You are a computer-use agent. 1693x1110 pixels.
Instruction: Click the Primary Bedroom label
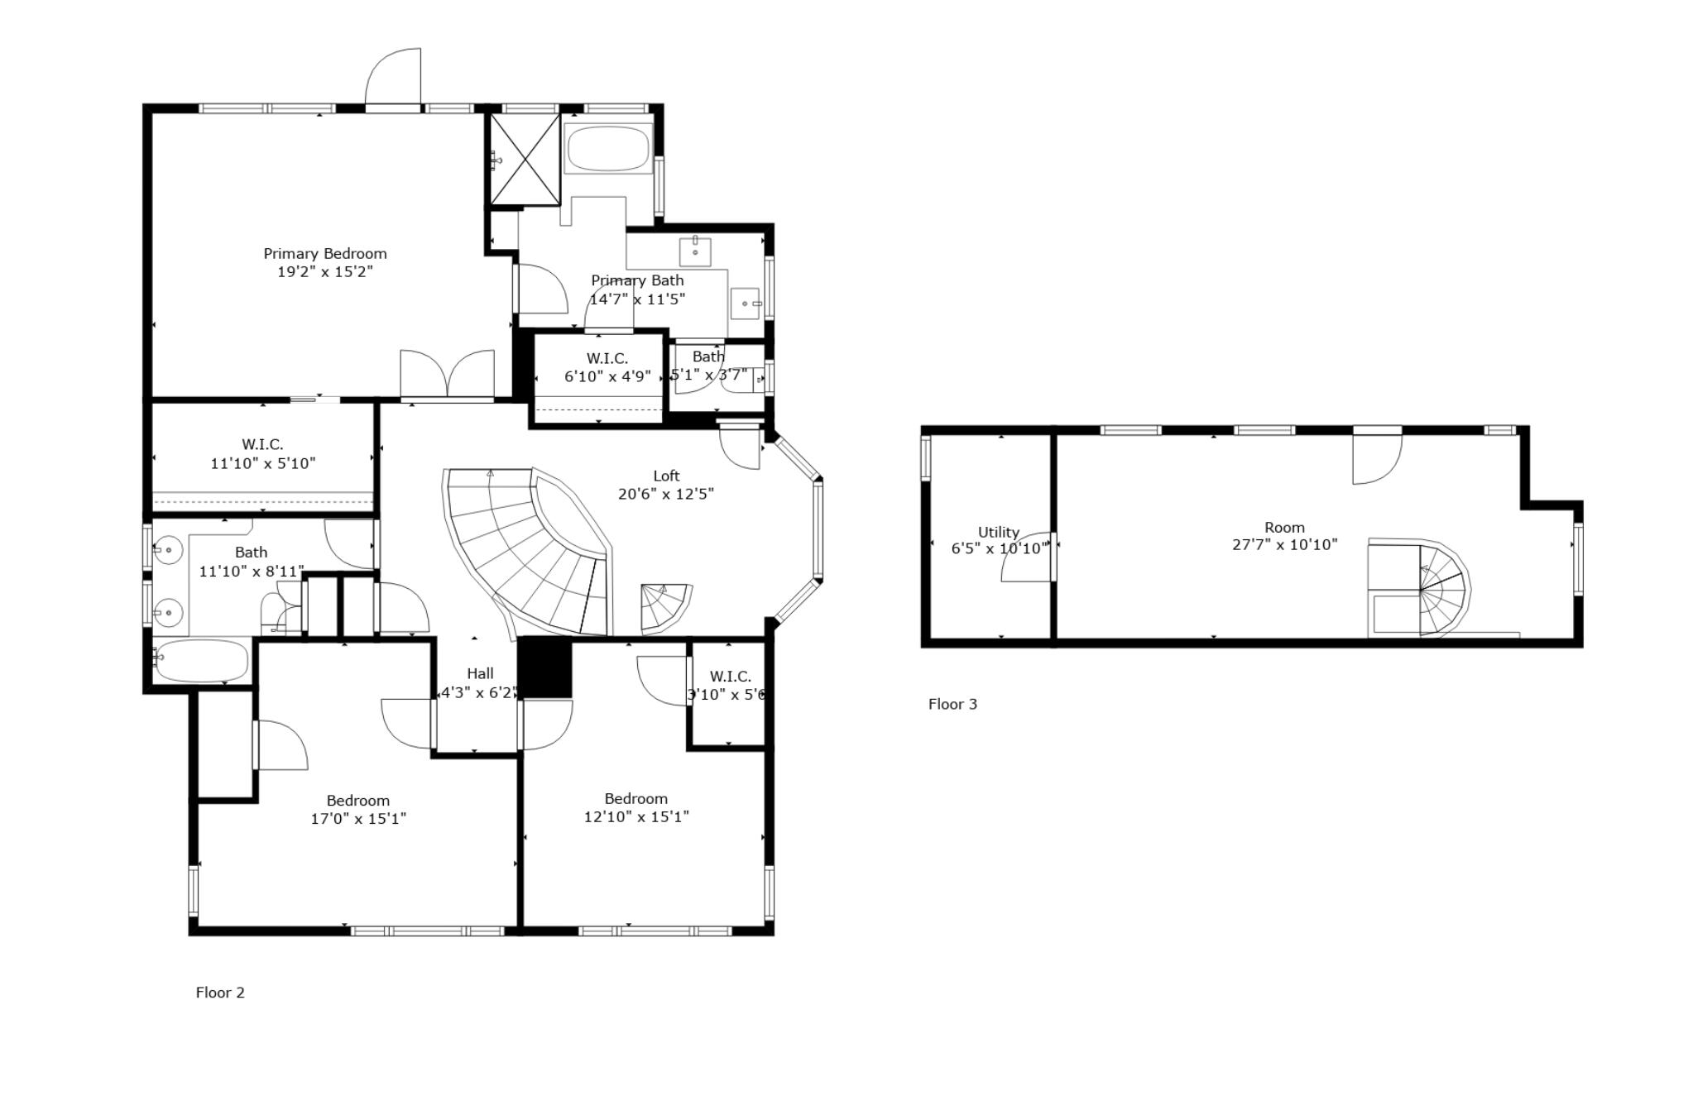[x=324, y=254]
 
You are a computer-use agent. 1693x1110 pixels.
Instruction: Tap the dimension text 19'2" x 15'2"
[x=324, y=272]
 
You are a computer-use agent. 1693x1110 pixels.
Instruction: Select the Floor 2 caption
[x=220, y=993]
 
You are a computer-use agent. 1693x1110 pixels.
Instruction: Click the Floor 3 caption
[x=952, y=704]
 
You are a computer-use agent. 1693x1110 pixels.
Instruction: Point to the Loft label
[x=666, y=476]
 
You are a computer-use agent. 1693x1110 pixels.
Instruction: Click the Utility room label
[x=998, y=532]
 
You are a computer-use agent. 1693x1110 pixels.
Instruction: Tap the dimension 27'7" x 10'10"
[x=1284, y=545]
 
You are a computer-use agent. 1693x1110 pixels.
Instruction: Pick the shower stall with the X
[x=525, y=160]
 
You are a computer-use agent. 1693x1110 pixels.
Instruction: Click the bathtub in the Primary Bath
[x=608, y=148]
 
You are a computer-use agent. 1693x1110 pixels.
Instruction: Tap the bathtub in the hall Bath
[x=201, y=661]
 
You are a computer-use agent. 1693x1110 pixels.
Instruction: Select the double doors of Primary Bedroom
[x=447, y=375]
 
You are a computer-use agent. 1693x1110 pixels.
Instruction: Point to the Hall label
[x=480, y=673]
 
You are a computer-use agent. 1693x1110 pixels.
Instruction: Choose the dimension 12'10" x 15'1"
[x=635, y=817]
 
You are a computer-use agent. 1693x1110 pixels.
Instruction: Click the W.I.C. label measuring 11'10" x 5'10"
[x=262, y=445]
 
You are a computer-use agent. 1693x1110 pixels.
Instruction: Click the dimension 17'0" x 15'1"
[x=357, y=819]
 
